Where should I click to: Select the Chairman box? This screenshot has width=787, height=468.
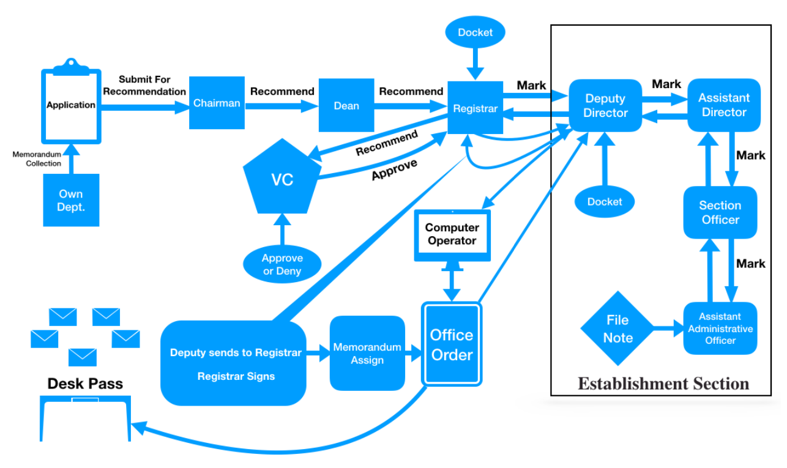[x=217, y=103]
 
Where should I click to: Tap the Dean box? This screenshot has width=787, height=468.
[x=346, y=105]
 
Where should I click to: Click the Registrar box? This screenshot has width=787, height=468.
[x=476, y=108]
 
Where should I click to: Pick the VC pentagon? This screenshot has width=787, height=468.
[x=282, y=179]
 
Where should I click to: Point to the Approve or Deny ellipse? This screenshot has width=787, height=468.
[x=282, y=264]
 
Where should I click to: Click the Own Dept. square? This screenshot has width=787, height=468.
[x=71, y=201]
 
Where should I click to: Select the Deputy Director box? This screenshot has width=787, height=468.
[x=605, y=105]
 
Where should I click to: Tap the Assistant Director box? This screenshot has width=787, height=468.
[x=724, y=105]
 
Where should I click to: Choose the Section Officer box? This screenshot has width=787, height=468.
[x=720, y=212]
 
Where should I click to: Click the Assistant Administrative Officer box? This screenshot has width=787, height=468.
[x=720, y=329]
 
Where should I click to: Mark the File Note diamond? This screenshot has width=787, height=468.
[x=617, y=329]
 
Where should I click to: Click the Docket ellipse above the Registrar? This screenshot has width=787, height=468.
[x=475, y=32]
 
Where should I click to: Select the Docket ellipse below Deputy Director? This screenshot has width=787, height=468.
[x=605, y=201]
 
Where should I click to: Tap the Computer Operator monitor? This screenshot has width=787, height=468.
[x=452, y=234]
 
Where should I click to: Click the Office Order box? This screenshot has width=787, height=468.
[x=452, y=344]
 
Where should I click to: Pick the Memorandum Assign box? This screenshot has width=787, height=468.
[x=367, y=354]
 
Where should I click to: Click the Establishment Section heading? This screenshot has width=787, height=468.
[x=663, y=384]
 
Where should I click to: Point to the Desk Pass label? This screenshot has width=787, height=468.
[x=85, y=384]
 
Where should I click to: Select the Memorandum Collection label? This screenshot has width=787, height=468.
[x=37, y=159]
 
